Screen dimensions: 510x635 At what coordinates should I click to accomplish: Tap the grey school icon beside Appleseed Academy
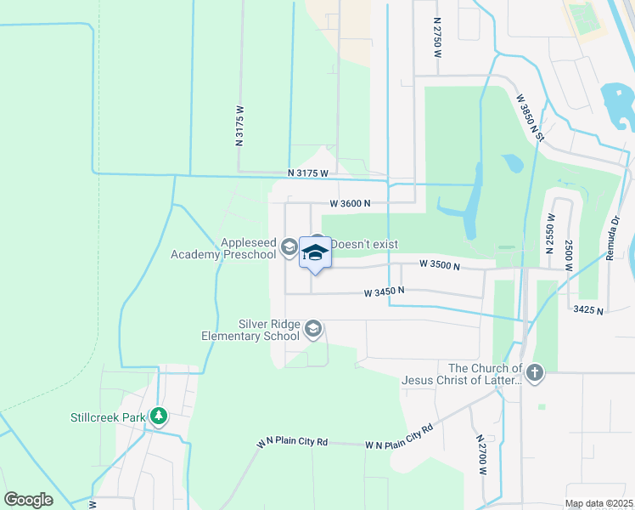click(289, 247)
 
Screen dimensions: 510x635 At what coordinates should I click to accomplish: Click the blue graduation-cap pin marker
click(315, 254)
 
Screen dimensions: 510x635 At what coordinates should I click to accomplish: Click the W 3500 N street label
click(439, 266)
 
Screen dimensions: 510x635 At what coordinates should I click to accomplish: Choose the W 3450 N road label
click(384, 292)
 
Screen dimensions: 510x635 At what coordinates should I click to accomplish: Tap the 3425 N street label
click(587, 311)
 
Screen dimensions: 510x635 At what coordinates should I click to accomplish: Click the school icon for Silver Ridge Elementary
click(313, 329)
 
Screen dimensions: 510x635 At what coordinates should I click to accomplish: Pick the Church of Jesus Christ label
click(485, 374)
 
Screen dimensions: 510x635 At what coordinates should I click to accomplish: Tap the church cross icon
click(534, 372)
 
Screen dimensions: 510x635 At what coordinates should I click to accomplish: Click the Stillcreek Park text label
click(106, 417)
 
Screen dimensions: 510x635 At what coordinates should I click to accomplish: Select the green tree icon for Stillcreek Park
click(158, 416)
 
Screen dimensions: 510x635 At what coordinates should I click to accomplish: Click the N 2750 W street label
click(438, 37)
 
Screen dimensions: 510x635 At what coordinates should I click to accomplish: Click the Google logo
click(28, 500)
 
